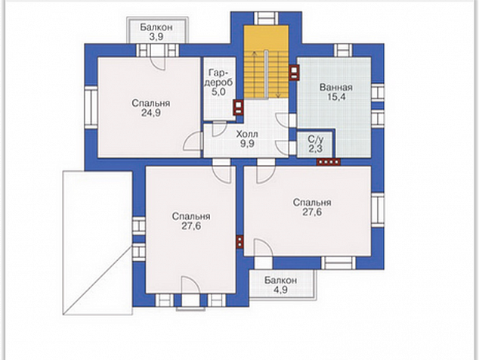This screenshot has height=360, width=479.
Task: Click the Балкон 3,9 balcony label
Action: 156,32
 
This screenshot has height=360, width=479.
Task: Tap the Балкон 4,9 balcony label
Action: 280,285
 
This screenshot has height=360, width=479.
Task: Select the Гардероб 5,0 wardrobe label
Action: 218,82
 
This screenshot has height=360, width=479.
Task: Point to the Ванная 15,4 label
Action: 336,92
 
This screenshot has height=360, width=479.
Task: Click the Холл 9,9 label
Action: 247,139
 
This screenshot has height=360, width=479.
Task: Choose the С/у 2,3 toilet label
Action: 315,144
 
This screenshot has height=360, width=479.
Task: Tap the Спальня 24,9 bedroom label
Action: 151,108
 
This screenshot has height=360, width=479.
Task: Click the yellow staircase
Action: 266,62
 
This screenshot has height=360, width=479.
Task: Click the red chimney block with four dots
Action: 329,162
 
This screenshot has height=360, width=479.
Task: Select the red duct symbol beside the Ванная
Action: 294,73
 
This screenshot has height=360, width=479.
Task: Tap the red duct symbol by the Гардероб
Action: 239,107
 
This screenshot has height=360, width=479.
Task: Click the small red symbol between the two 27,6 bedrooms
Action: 239,241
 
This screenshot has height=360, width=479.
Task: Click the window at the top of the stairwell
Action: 266,18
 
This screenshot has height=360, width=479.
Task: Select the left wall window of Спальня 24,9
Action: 91,107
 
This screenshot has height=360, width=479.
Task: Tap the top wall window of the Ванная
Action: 343,50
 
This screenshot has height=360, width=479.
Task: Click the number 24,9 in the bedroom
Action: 151,113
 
